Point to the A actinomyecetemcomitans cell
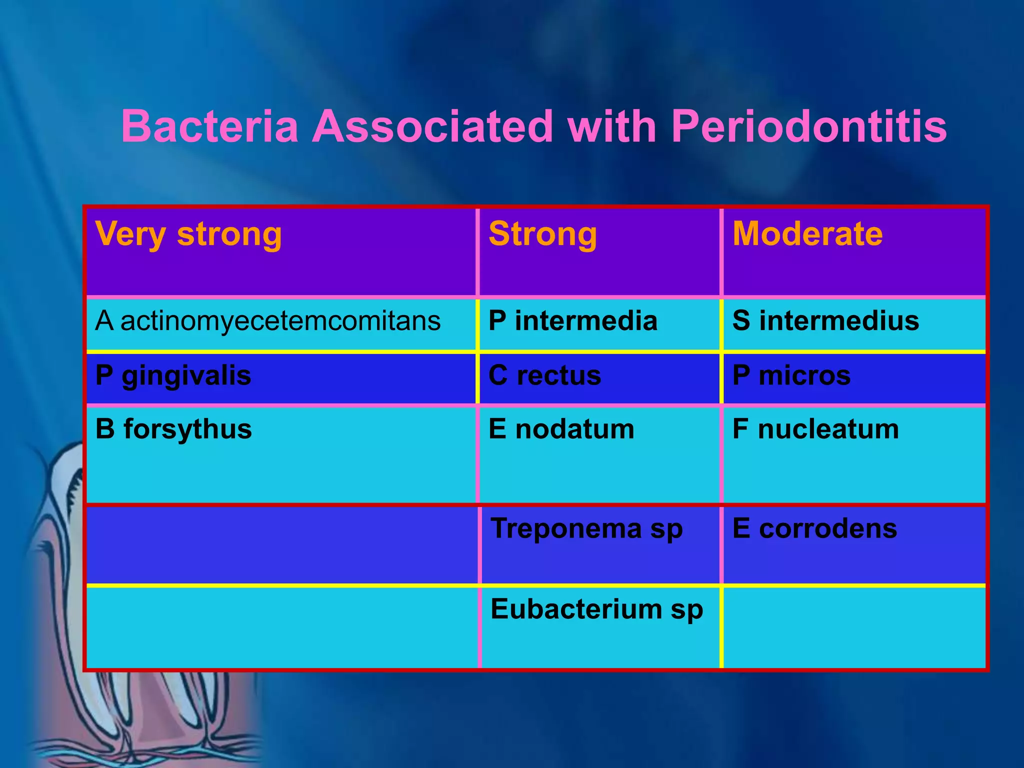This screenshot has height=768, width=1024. pos(268,321)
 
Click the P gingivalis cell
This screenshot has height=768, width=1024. pos(173,375)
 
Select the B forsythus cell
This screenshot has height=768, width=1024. pos(173,429)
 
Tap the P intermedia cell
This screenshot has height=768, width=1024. pos(572,321)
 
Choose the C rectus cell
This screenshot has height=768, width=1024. pos(544,375)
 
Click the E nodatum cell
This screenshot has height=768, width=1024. pos(561,429)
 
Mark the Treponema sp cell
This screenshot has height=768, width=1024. pos(586,528)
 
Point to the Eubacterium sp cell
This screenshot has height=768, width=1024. pos(596,609)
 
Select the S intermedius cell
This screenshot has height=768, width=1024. pos(825,321)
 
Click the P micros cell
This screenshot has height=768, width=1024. pos(791,375)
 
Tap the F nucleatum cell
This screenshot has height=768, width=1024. pos(815,429)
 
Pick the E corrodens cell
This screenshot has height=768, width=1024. pos(814,528)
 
